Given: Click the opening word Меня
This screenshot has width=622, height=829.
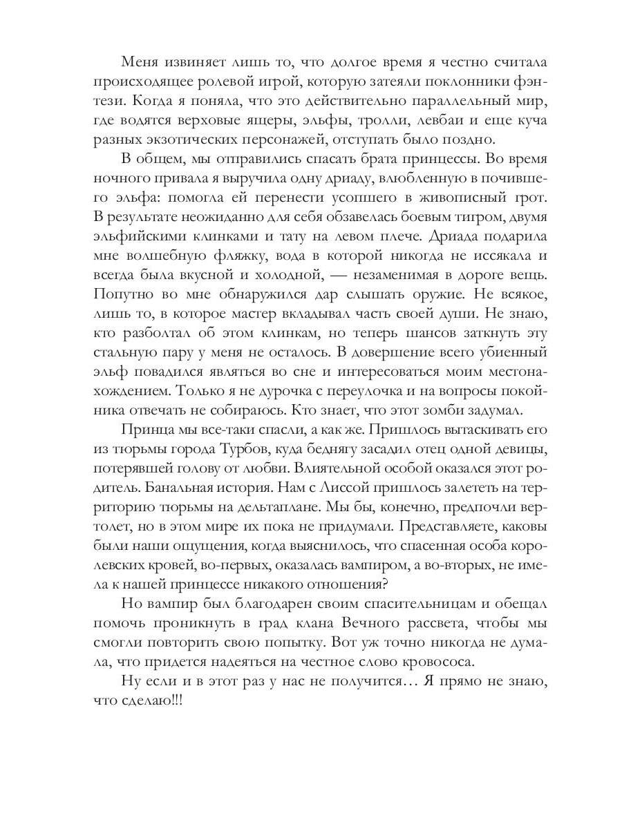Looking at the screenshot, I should click(x=141, y=62).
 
